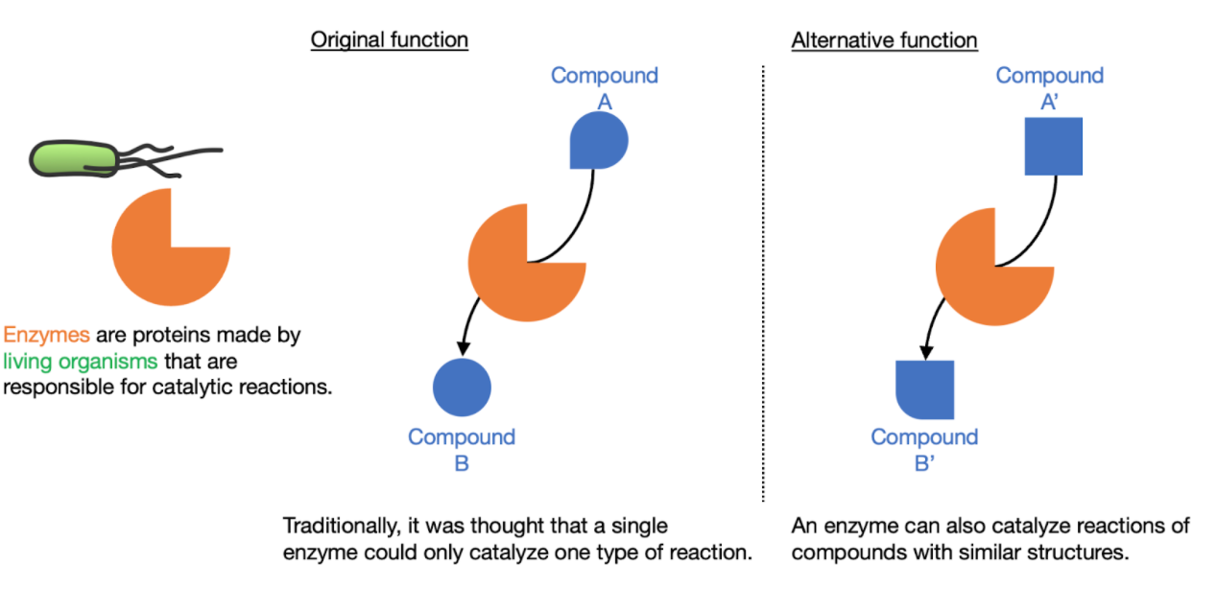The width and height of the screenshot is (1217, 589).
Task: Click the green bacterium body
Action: pos(73,158)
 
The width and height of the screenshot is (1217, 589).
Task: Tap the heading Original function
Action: pos(390,40)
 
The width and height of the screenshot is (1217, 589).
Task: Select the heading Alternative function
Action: pos(885,40)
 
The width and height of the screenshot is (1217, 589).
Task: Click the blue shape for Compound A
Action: pos(599,141)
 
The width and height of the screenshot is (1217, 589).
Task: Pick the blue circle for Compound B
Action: pos(462,387)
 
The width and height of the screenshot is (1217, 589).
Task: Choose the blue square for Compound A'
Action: pos(1054,147)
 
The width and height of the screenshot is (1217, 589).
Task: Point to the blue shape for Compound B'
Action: pos(924,389)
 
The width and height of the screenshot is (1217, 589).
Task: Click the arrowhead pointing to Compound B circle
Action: pos(463,348)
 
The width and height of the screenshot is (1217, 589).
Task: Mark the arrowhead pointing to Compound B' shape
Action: pos(926,352)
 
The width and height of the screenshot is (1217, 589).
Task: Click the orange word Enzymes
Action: pos(46,335)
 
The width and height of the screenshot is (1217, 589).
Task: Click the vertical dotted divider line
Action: pos(763,283)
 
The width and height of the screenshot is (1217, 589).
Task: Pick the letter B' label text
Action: pos(924,463)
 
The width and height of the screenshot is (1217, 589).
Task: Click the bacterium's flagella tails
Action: pos(168,159)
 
